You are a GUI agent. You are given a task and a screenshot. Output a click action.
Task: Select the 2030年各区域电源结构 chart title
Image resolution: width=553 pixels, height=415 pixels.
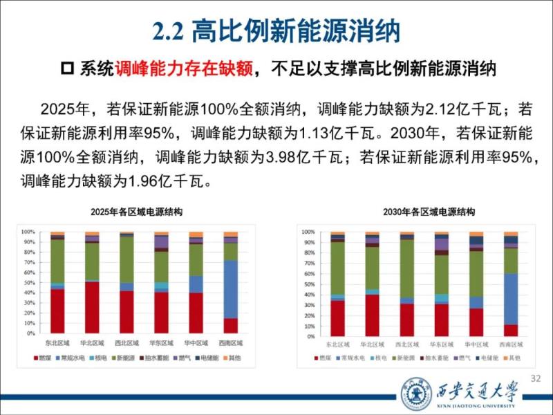click(420, 212)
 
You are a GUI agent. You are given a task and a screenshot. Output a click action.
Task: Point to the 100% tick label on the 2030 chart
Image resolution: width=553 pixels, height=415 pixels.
click(308, 231)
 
